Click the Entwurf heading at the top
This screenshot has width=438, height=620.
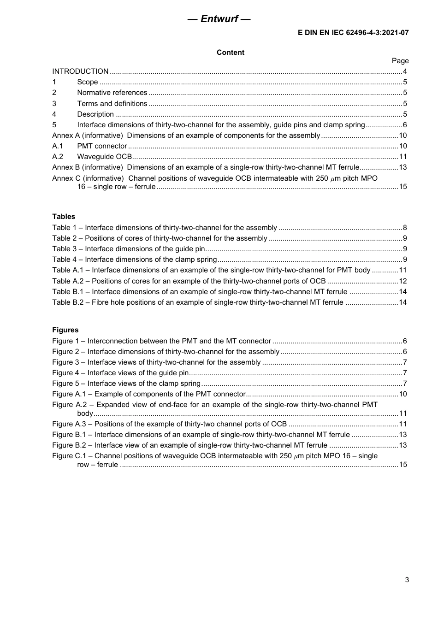click(219, 19)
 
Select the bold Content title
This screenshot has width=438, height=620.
click(230, 53)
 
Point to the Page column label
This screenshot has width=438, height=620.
click(400, 61)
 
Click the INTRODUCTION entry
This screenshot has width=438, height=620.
click(80, 71)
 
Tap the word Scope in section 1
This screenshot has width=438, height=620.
click(87, 82)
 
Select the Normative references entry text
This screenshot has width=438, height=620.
click(112, 93)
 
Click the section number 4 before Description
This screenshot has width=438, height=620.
click(54, 114)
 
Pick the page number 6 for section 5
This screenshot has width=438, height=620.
click(404, 125)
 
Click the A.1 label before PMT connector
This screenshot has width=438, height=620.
click(57, 146)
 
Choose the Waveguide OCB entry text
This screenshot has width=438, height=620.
click(104, 157)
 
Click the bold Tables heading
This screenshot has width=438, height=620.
click(64, 217)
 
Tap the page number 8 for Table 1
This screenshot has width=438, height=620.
click(404, 228)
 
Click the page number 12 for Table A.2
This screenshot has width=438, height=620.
click(402, 281)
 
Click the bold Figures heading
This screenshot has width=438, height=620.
click(65, 330)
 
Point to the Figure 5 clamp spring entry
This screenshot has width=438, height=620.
click(126, 384)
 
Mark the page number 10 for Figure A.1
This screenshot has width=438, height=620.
click(402, 394)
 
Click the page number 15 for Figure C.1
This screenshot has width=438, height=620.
click(402, 465)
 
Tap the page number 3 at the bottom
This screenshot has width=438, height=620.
click(406, 580)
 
